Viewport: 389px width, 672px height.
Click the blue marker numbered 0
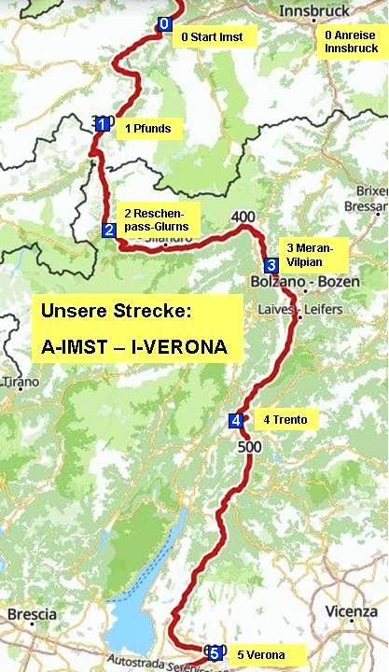tap(165, 23)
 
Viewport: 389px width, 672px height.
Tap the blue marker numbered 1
tap(102, 121)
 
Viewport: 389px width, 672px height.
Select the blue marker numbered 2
tap(109, 231)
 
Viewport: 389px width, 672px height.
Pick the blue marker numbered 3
tap(271, 264)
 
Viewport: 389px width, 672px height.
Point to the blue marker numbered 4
tap(236, 421)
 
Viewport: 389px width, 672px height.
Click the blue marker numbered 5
tap(215, 652)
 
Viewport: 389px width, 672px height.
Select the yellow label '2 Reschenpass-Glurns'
tap(156, 218)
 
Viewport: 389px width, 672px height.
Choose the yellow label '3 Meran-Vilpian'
tap(311, 254)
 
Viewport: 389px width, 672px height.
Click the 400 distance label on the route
tap(243, 217)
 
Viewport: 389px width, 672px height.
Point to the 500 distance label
tap(249, 448)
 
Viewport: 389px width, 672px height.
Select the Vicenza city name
tap(353, 611)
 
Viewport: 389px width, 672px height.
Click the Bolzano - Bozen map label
tap(298, 281)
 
